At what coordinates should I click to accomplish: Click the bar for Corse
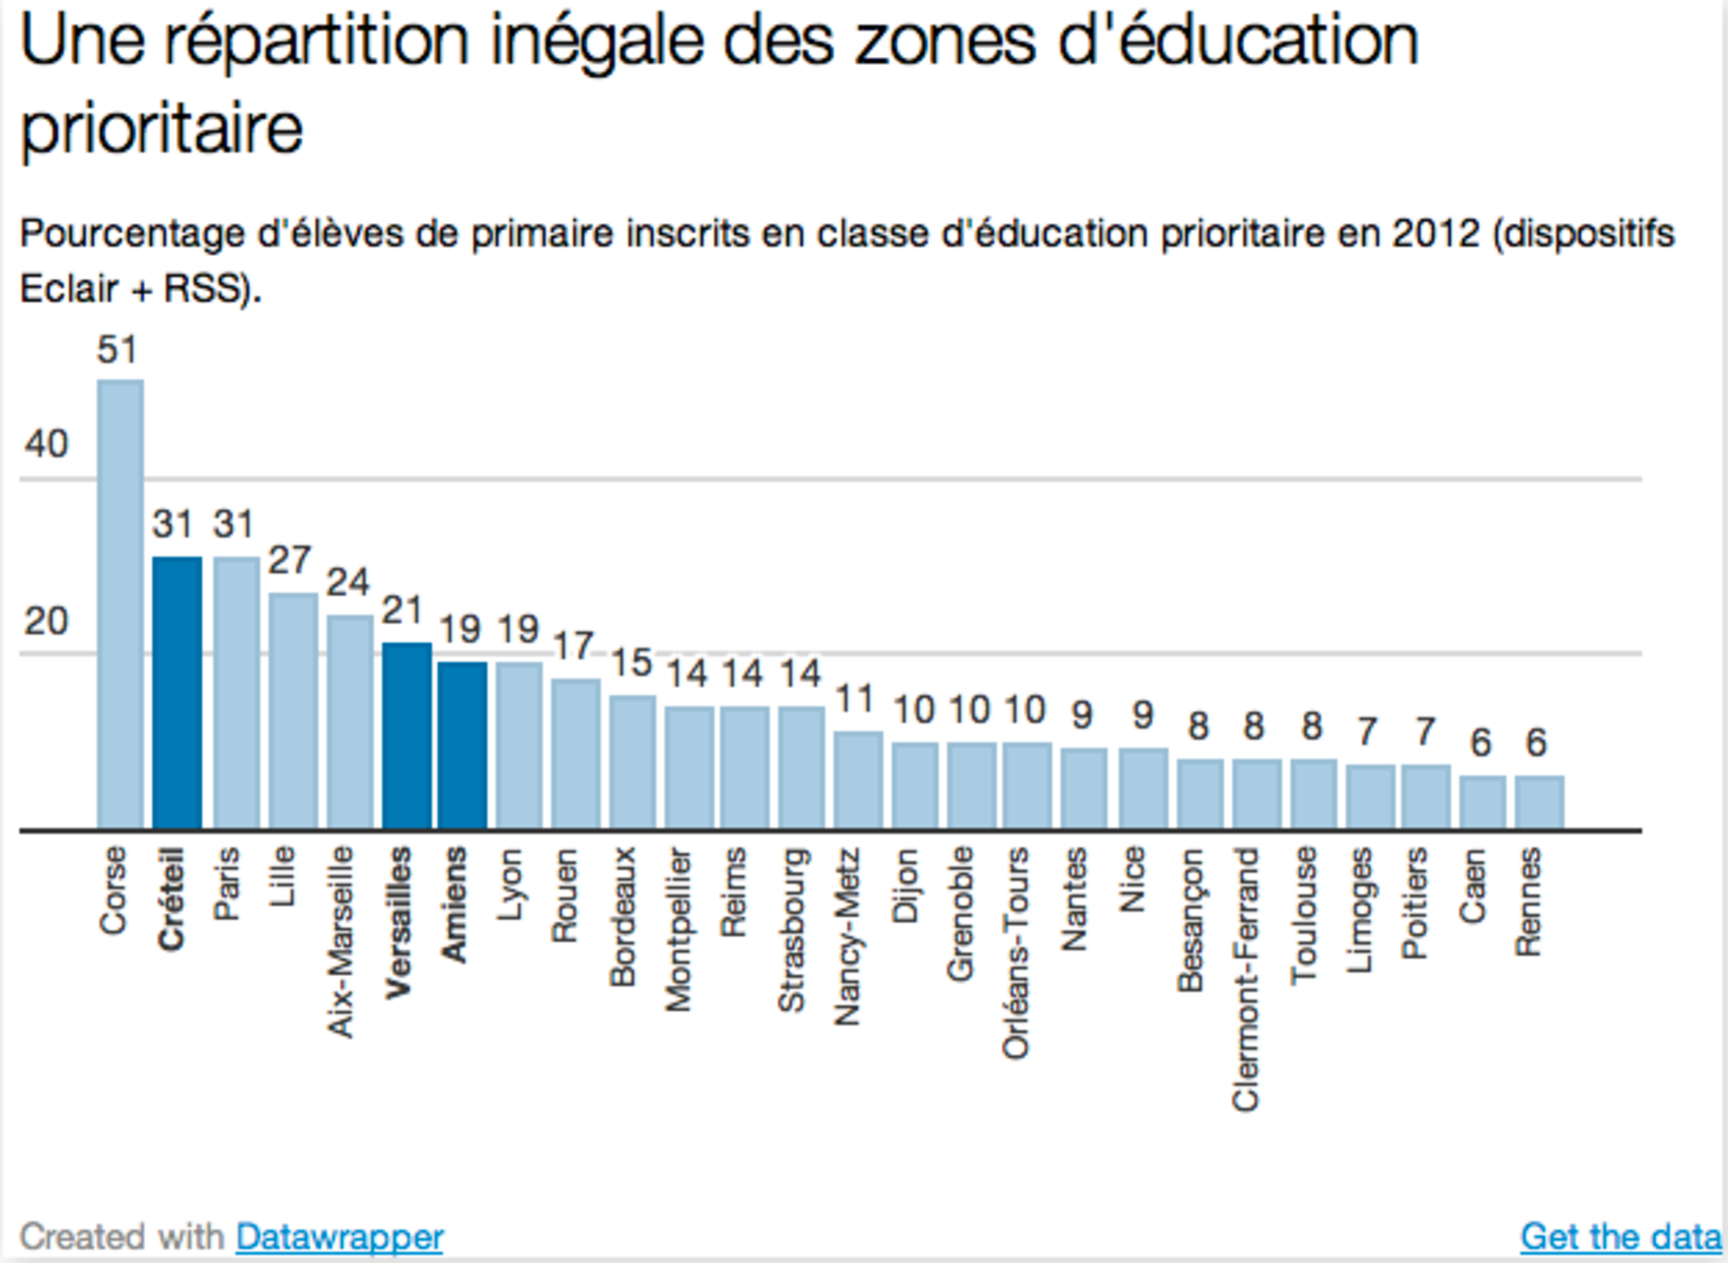120,605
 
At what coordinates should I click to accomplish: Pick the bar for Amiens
463,745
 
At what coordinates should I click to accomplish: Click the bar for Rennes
1539,802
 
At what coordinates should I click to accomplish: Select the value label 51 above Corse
117,350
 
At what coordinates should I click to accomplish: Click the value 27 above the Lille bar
290,561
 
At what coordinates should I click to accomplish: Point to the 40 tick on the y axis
46,445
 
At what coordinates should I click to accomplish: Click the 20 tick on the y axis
46,622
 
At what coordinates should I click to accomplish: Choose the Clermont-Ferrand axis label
1246,979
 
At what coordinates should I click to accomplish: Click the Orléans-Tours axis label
1016,953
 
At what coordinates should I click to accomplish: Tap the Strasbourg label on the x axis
791,930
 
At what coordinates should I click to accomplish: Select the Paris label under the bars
227,884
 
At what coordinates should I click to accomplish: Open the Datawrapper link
339,1237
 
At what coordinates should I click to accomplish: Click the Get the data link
1620,1237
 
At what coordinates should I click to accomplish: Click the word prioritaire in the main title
162,129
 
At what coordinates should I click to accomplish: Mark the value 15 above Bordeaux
632,663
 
